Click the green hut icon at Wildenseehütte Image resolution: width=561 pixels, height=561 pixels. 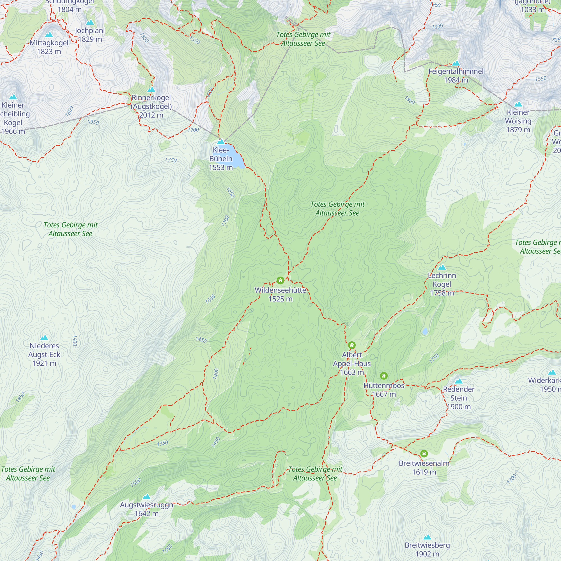280,280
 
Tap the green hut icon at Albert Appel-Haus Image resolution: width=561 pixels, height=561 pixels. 352,345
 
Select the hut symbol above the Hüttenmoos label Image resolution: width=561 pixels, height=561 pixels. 384,376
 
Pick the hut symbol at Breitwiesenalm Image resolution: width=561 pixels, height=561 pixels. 424,454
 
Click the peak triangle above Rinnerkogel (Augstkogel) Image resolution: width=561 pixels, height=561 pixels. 151,89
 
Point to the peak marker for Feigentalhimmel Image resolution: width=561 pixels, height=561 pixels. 456,63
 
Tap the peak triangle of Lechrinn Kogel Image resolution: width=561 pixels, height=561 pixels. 442,267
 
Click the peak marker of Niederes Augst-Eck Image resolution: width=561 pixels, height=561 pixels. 44,337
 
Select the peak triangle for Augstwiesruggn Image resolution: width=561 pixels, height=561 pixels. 147,496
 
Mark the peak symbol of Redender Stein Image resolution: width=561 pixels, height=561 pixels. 459,381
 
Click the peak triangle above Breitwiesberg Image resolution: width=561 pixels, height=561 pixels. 427,537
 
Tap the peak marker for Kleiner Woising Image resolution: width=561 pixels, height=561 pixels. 518,104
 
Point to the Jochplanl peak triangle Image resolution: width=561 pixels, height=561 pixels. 90,22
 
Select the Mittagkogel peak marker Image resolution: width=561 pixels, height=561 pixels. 49,35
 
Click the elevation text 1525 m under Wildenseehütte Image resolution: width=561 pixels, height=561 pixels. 280,299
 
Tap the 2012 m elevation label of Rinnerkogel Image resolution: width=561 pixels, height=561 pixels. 151,115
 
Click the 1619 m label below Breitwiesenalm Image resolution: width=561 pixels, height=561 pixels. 424,472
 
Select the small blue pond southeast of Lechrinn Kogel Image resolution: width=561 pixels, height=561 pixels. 425,331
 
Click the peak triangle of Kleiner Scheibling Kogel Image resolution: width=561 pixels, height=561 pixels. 13,97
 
